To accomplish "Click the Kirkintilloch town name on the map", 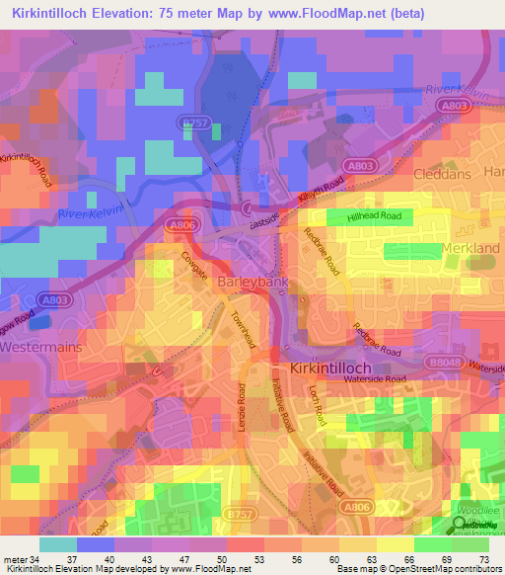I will pos(333,368).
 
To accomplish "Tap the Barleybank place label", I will pos(252,282).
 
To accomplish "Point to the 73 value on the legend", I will pos(483,559).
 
